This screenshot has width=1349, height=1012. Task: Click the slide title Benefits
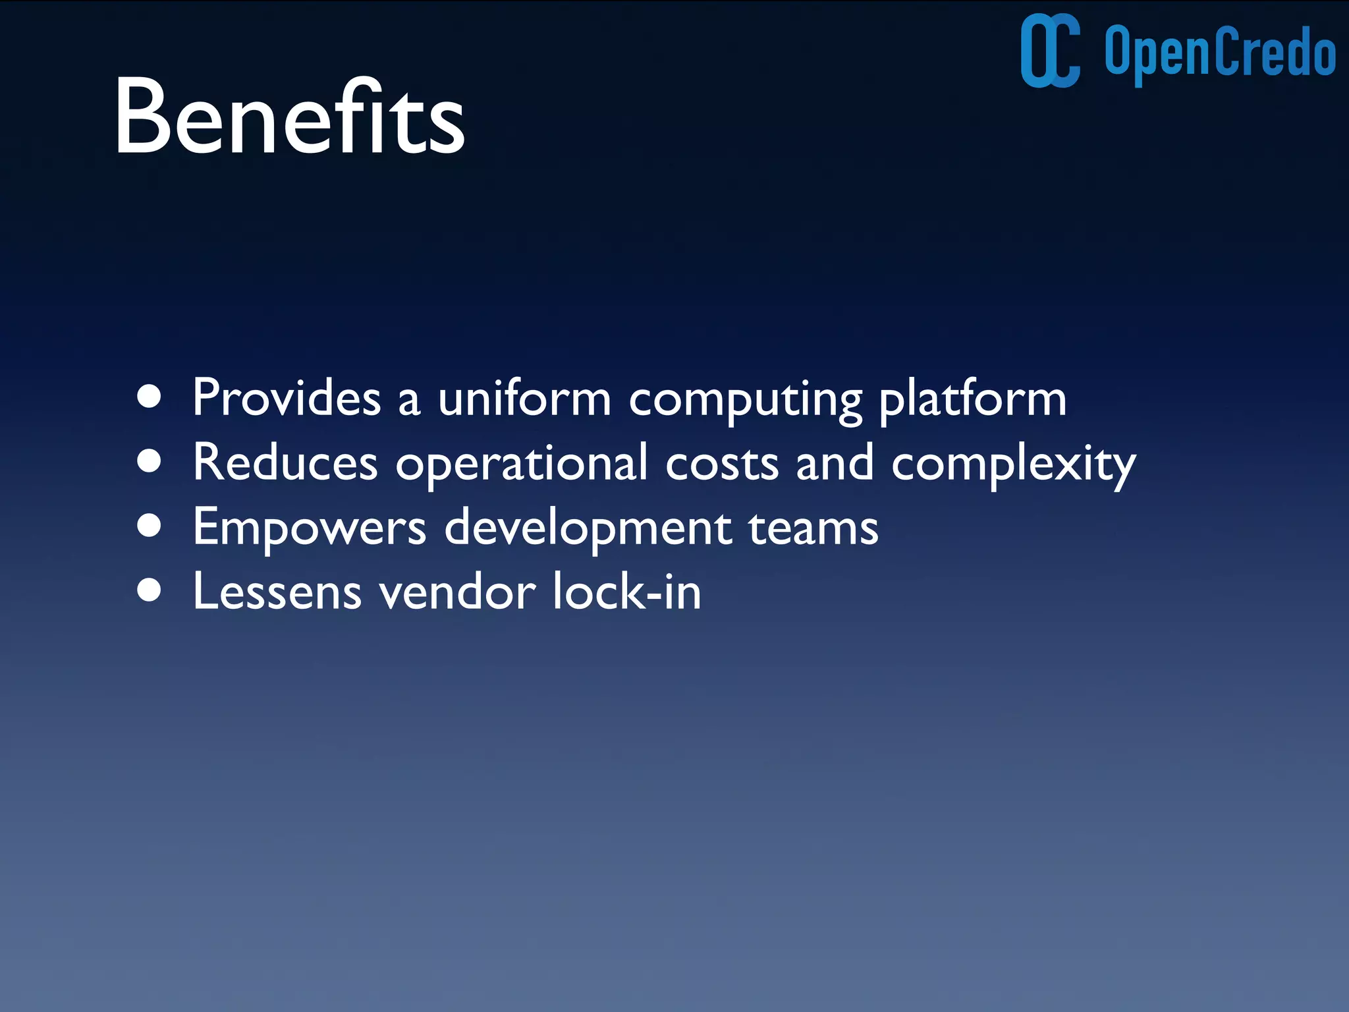(290, 117)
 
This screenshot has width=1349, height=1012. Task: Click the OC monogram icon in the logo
(1050, 51)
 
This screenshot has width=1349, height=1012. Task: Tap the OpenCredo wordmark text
(1220, 53)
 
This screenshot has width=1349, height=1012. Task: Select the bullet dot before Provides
(150, 397)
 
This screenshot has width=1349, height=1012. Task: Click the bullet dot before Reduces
(150, 461)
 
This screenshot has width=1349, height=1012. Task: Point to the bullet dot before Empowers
(150, 526)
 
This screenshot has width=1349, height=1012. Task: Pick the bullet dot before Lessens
(150, 590)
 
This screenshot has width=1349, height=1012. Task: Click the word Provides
(287, 398)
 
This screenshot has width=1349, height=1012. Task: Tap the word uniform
(524, 398)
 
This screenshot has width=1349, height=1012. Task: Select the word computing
(745, 401)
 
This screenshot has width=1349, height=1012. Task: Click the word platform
(972, 399)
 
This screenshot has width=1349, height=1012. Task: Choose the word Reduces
(285, 463)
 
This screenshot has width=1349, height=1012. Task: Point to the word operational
(522, 464)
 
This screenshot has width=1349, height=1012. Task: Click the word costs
(722, 464)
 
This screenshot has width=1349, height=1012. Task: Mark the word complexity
(1013, 465)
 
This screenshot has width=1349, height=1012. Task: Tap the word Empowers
(310, 528)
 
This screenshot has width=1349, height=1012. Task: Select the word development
(588, 528)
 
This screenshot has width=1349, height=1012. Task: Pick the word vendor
(457, 592)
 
